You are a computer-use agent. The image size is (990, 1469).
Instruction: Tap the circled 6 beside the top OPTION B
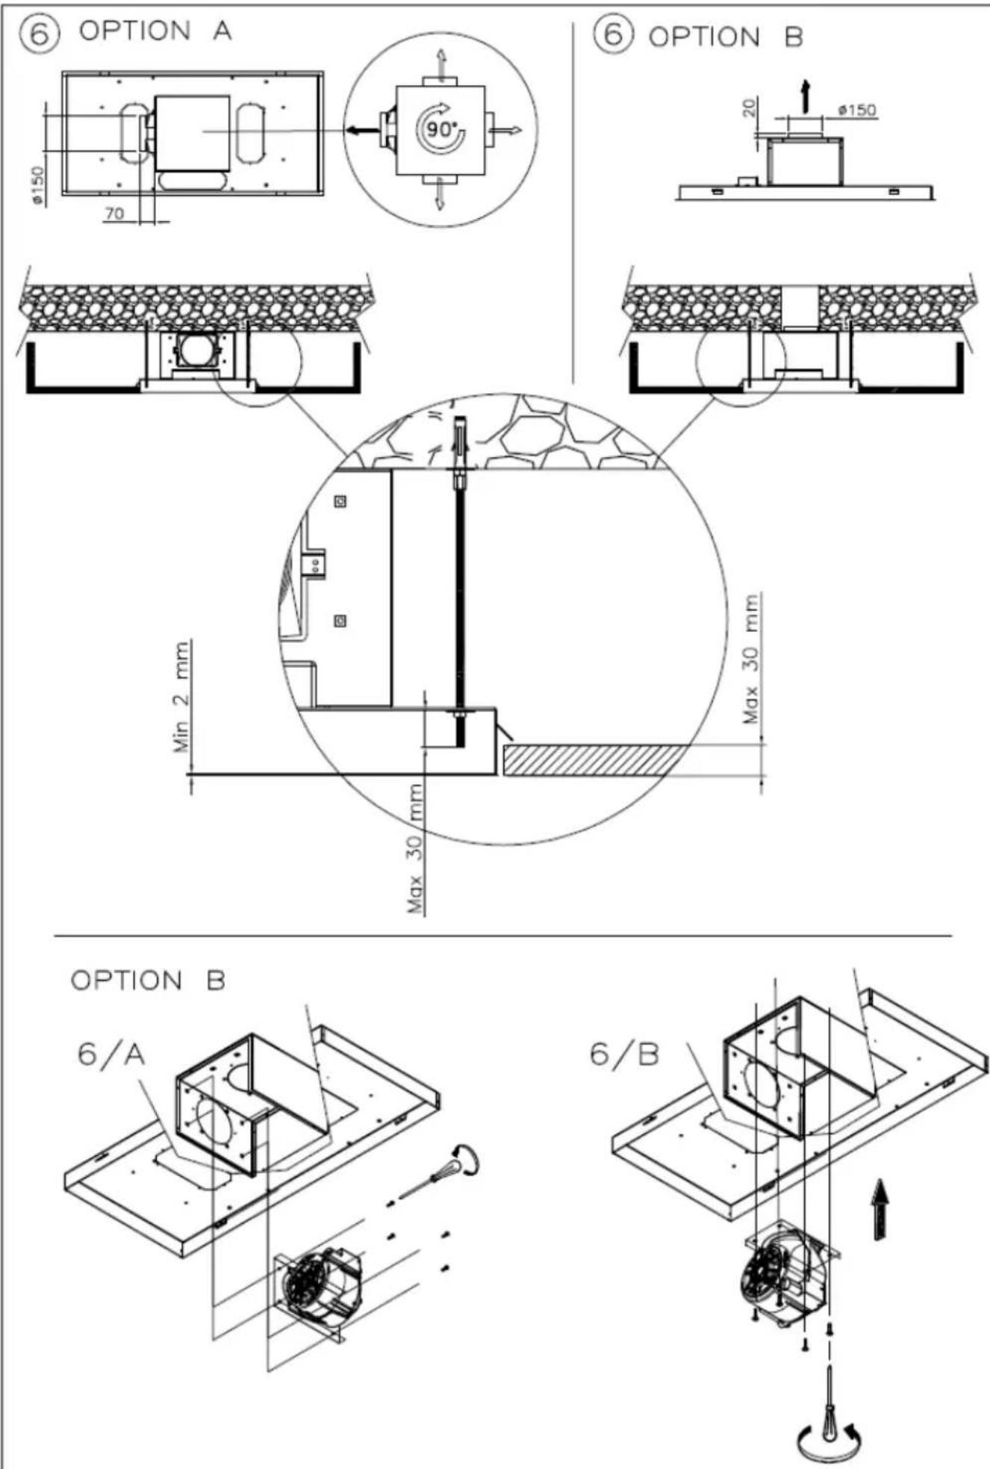(612, 35)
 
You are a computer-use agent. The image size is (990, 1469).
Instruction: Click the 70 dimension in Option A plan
(113, 214)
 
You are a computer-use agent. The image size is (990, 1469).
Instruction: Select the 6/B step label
(624, 1054)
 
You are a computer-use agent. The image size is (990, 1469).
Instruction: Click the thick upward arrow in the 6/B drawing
(882, 1209)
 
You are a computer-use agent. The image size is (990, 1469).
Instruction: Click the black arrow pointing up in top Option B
(805, 95)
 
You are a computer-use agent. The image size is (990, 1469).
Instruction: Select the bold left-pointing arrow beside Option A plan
(362, 131)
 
